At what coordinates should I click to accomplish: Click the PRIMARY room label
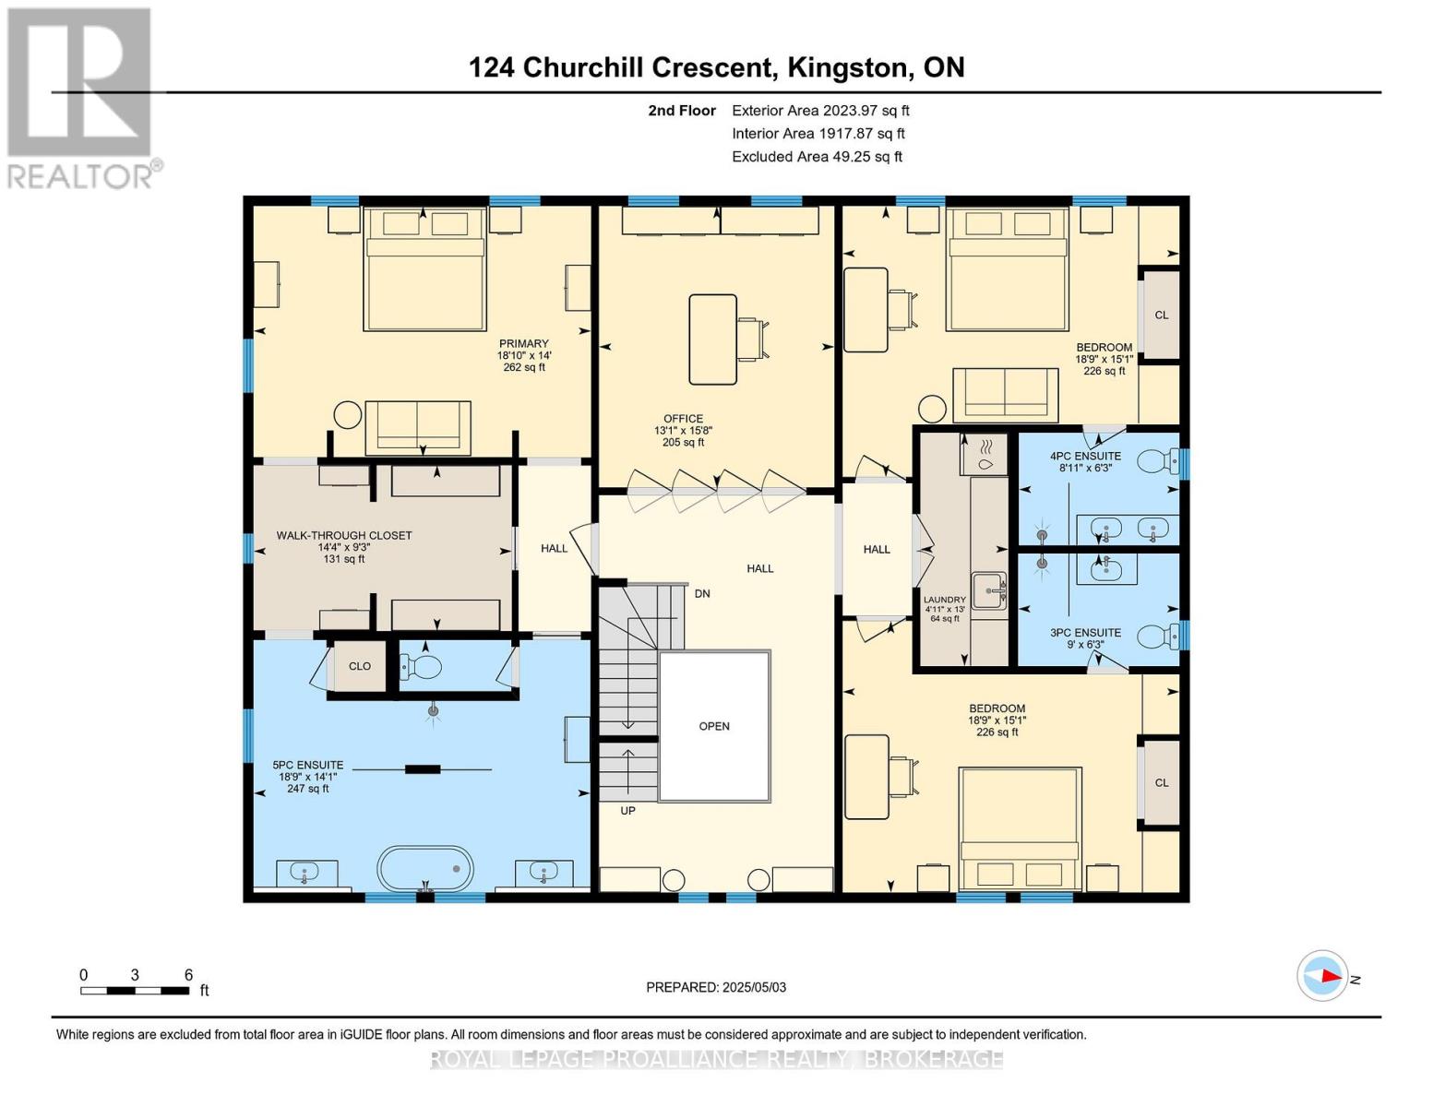point(523,343)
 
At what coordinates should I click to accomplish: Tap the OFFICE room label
point(683,419)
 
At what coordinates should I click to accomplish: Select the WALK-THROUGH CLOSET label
point(343,535)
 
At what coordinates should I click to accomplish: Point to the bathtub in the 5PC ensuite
point(425,868)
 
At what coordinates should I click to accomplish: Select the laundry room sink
point(989,590)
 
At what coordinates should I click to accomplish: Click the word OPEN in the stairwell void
point(714,726)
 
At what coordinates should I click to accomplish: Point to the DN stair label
point(701,593)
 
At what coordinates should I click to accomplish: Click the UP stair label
point(627,810)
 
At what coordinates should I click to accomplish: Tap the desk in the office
point(713,339)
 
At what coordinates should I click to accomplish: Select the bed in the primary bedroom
point(424,269)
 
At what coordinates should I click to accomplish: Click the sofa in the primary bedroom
point(418,427)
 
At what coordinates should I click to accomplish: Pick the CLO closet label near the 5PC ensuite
point(360,666)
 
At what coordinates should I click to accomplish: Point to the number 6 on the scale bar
point(188,974)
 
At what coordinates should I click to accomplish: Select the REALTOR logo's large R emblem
point(79,82)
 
